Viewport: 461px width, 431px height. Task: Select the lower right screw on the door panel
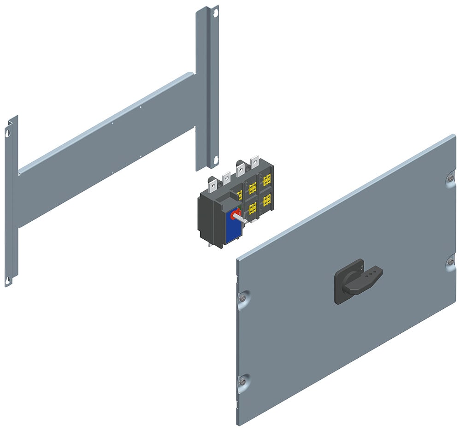point(449,262)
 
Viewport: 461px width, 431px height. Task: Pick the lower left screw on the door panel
point(242,381)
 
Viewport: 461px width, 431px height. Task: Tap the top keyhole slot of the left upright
point(8,133)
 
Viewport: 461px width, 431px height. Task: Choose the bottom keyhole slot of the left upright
point(8,279)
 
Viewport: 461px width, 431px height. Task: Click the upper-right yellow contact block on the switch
point(266,180)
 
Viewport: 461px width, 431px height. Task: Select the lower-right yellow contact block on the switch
point(266,201)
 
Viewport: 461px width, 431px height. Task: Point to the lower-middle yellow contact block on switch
point(252,209)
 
